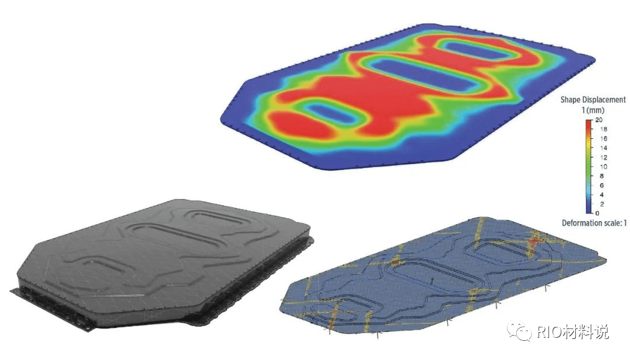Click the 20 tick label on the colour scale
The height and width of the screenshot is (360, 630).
[598, 120]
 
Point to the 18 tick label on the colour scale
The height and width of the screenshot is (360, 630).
[603, 129]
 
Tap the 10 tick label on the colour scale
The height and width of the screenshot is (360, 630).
[603, 166]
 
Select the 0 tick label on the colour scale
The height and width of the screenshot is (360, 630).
[597, 213]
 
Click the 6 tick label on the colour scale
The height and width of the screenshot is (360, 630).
[601, 185]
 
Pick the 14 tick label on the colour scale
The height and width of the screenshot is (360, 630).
[603, 148]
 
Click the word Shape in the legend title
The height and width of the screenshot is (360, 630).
[570, 100]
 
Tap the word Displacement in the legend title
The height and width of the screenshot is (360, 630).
[604, 100]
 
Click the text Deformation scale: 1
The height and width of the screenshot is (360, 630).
[594, 223]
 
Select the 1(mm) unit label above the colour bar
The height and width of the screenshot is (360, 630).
[593, 110]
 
